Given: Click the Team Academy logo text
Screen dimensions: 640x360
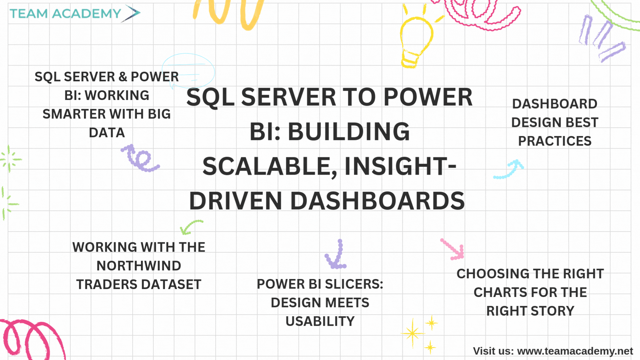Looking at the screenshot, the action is coord(65,14).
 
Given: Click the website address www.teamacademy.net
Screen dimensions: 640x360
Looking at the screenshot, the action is coord(575,351).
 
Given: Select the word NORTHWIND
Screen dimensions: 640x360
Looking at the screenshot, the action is coord(139,266).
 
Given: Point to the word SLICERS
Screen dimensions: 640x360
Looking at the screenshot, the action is coord(354,284).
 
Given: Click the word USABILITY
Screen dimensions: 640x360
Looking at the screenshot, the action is coord(320,321).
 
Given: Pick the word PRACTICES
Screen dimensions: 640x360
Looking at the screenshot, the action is coord(555,141).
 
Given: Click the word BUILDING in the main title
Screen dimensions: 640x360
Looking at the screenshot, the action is coord(349,131).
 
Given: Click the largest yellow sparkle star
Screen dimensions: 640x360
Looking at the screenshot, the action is coord(413,333).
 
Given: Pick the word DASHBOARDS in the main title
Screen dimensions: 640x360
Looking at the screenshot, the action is coord(377,201).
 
